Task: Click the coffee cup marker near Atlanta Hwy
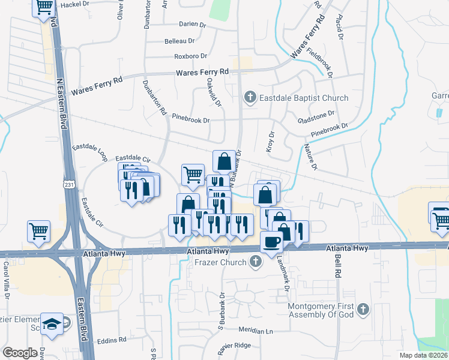[x=272, y=242]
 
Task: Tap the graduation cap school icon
[x=52, y=323]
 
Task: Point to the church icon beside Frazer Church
[x=256, y=262]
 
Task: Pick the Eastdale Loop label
[x=89, y=152]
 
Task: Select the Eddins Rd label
[x=113, y=339]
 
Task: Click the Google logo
[x=20, y=352]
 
